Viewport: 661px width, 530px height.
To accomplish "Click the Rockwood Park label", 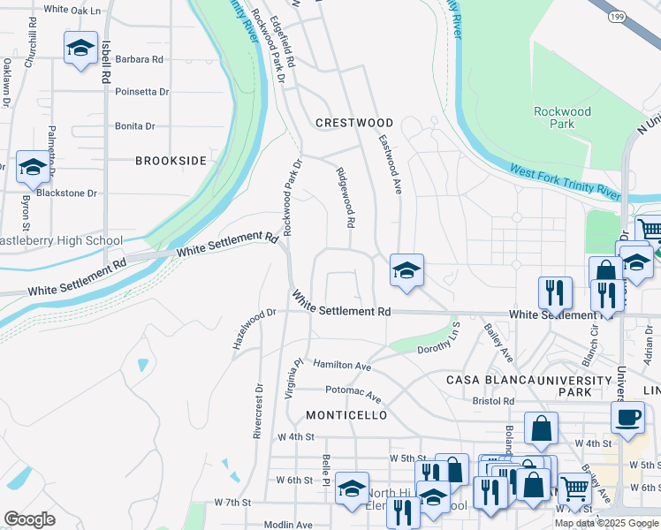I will [562, 117].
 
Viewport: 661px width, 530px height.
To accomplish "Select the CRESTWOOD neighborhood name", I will [354, 123].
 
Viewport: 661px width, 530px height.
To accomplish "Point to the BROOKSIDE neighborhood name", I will [171, 161].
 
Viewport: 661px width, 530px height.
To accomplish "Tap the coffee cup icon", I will [627, 417].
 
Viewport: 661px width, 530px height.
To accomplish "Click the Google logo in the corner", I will [29, 519].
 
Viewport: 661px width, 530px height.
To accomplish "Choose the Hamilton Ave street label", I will [342, 365].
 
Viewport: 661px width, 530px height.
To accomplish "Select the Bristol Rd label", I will [493, 400].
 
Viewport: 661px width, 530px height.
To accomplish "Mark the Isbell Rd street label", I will [105, 64].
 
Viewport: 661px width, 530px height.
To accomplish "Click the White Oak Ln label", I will [72, 9].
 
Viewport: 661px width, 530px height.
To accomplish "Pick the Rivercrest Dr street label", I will [258, 411].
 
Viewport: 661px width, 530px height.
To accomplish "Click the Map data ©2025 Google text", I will [606, 523].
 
